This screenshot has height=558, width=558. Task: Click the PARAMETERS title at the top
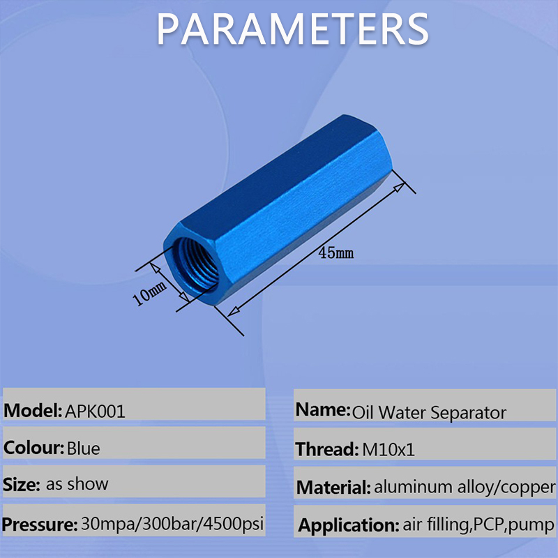[x=292, y=29]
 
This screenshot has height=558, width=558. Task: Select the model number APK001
[x=96, y=411]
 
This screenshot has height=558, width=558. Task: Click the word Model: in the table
[x=33, y=411]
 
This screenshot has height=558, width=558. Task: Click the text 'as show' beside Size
[x=77, y=483]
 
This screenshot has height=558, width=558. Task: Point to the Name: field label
[x=322, y=410]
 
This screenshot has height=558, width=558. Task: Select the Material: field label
[x=333, y=487]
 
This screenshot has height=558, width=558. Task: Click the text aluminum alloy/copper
[x=465, y=487]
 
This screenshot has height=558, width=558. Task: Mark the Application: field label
[x=347, y=525]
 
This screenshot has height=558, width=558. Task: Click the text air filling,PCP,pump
[x=478, y=525]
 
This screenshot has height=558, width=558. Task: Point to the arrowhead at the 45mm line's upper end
[x=400, y=186]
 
